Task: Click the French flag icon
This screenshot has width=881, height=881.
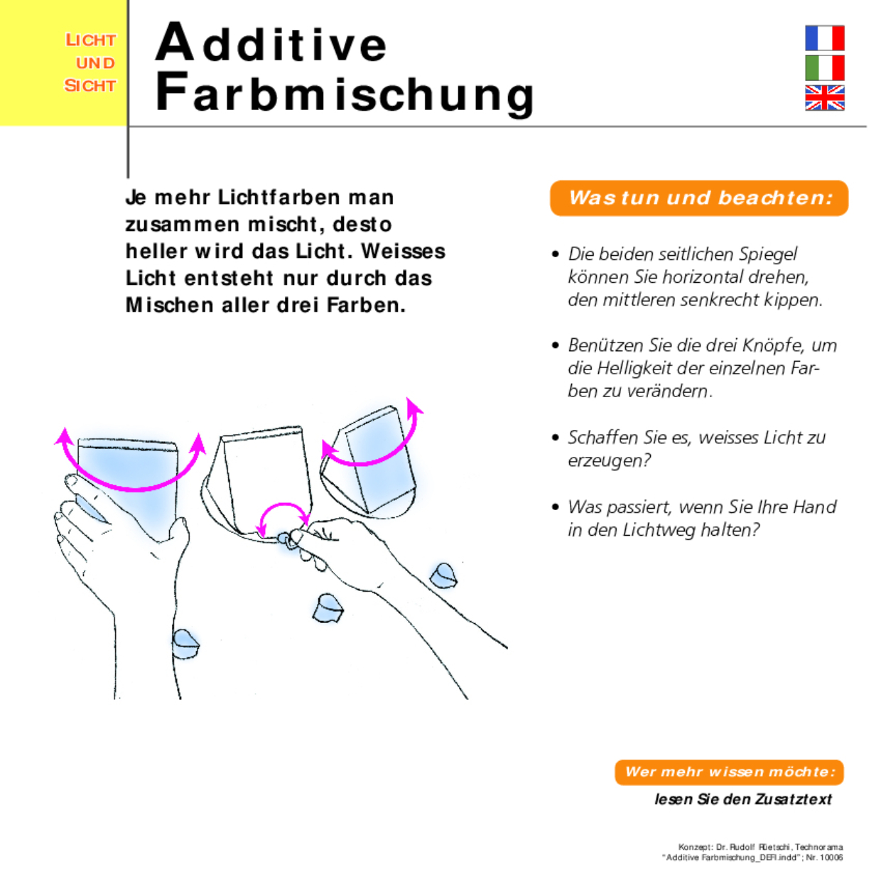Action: pyautogui.click(x=824, y=38)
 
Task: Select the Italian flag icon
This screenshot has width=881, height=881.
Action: pyautogui.click(x=824, y=67)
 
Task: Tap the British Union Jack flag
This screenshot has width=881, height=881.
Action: pyautogui.click(x=824, y=98)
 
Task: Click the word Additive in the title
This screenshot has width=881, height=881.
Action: pyautogui.click(x=271, y=43)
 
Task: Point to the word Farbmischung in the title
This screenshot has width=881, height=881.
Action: pyautogui.click(x=345, y=93)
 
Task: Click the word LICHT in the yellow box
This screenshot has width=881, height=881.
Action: pyautogui.click(x=90, y=40)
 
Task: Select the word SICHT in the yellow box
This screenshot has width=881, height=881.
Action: pyautogui.click(x=90, y=86)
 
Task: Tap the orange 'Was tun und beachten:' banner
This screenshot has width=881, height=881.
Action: pyautogui.click(x=699, y=198)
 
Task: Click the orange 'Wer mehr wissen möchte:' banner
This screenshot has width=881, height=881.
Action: pyautogui.click(x=729, y=772)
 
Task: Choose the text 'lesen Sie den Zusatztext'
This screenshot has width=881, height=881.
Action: pyautogui.click(x=742, y=799)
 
